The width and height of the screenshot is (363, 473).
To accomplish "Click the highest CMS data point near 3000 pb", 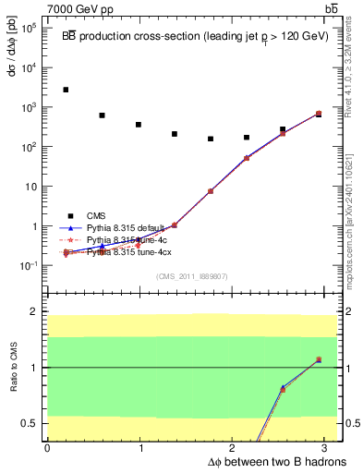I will tap(66, 90).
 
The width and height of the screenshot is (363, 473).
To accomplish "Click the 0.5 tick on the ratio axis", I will tap(33, 423).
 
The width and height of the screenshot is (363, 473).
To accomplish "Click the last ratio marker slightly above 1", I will tap(318, 359).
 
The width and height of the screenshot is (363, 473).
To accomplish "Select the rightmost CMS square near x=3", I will tap(318, 115).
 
